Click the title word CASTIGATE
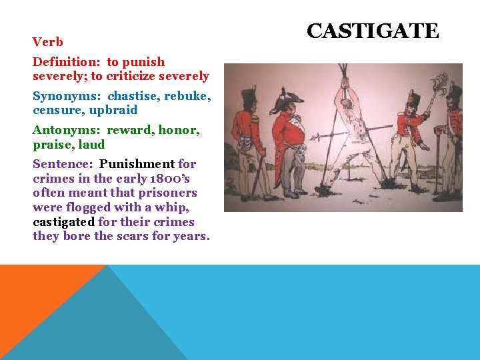[373, 31]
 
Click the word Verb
[48, 42]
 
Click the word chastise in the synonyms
[133, 96]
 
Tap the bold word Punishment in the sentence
[137, 164]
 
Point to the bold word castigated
[63, 222]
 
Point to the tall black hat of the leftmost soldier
[248, 95]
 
